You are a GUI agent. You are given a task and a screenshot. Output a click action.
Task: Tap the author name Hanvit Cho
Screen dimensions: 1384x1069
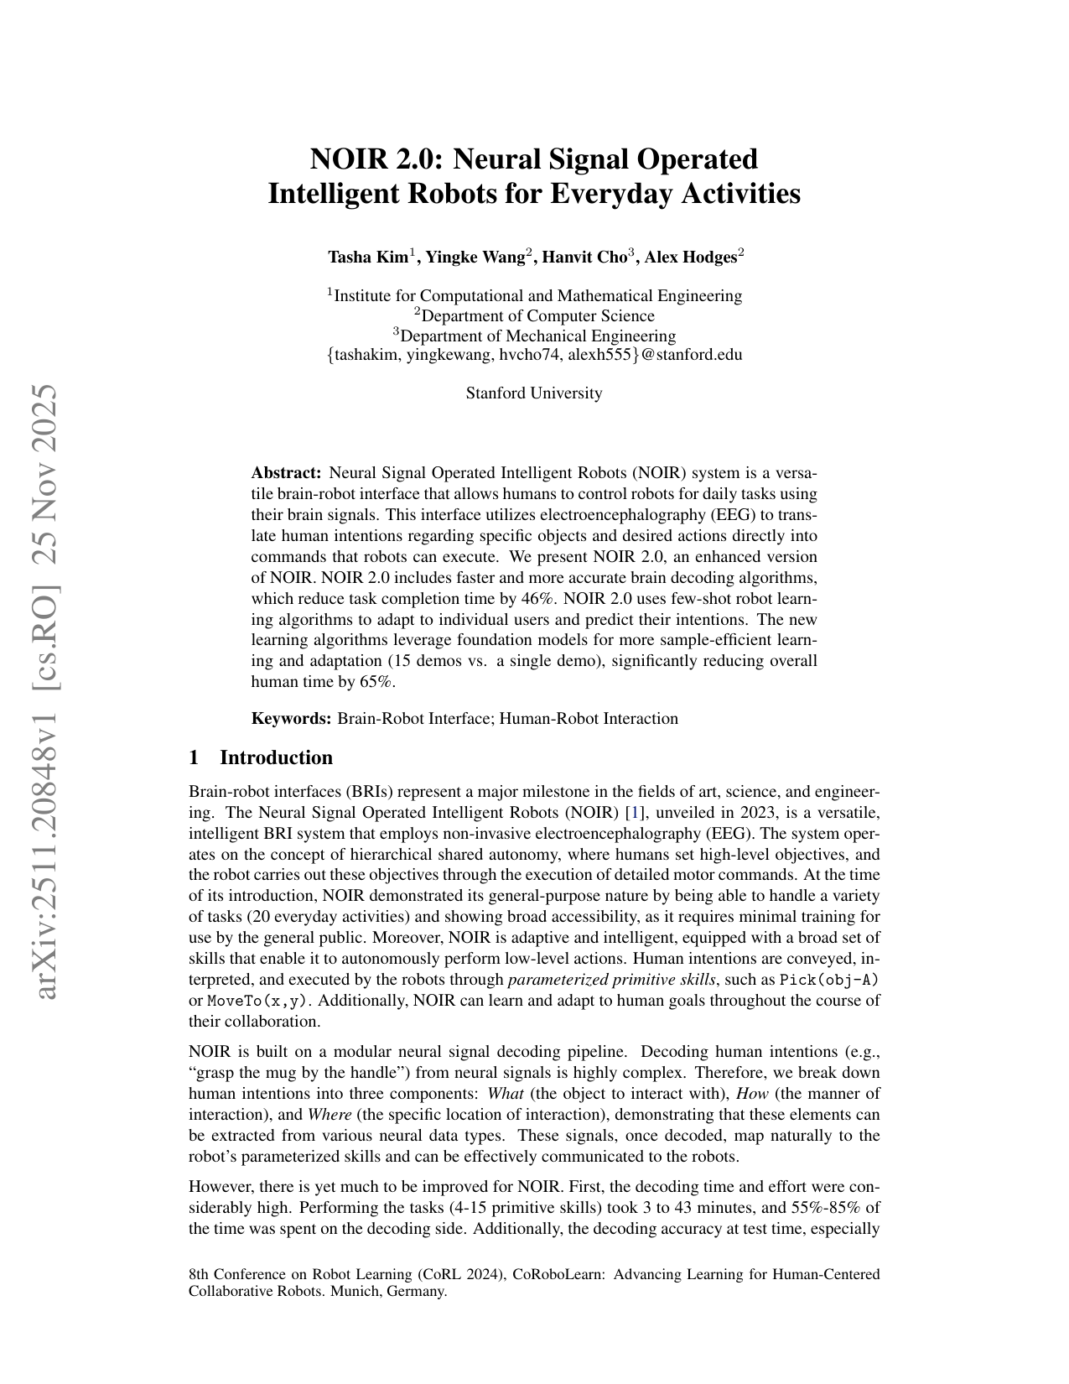[x=584, y=258]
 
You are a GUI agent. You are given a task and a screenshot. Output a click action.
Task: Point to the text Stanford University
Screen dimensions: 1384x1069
[x=534, y=393]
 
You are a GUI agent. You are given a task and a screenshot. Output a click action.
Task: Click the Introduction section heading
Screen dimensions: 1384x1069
[x=276, y=758]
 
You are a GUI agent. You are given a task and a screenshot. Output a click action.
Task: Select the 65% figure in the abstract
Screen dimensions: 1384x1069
[x=376, y=683]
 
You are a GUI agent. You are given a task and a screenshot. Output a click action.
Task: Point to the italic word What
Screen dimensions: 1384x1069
[x=506, y=1094]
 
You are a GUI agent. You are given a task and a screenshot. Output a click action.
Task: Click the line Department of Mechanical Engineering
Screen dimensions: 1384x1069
[x=534, y=336]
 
